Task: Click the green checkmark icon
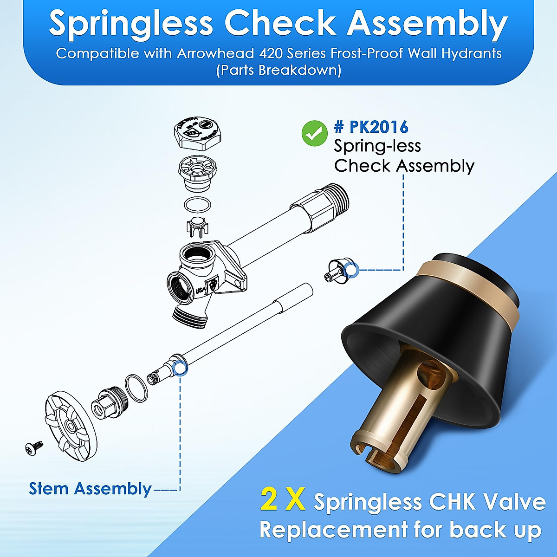tap(314, 134)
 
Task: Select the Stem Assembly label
tap(90, 489)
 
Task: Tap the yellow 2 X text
tap(283, 500)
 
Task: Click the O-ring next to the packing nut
tap(136, 388)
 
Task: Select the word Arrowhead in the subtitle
tap(211, 53)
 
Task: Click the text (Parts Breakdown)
tap(278, 71)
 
